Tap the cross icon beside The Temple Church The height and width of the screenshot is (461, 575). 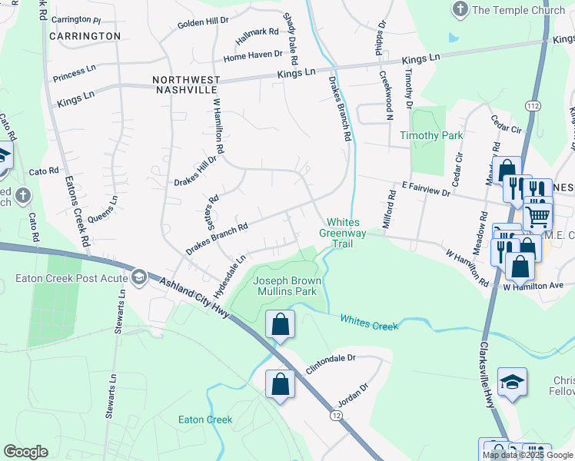coord(460,9)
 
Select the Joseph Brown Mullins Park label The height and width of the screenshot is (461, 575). coord(285,287)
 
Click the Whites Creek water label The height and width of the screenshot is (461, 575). coord(369,322)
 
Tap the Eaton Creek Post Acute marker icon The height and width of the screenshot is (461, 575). coord(138,276)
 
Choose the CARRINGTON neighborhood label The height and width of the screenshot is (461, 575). coord(85,36)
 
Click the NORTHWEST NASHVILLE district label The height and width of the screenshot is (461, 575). coord(186,85)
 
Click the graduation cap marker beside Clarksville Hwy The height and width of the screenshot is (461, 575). coord(512,382)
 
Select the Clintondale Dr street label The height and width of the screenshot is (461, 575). coord(331,358)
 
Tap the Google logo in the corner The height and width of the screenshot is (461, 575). coord(26,452)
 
